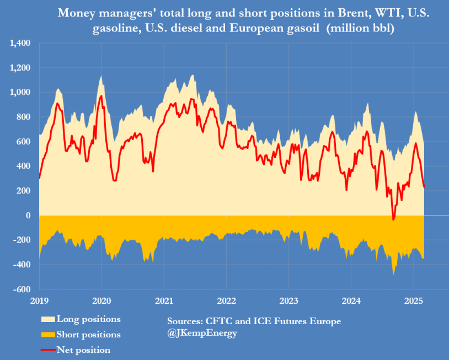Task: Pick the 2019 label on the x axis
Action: click(x=39, y=301)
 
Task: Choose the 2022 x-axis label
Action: click(x=227, y=301)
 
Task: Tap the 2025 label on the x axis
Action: click(x=414, y=301)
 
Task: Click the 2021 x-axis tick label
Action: click(x=164, y=301)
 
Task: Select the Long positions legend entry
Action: click(x=88, y=319)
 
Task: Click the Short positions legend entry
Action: click(x=88, y=335)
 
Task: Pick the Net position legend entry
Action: click(x=83, y=350)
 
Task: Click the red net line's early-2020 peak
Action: click(x=101, y=96)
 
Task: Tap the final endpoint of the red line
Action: click(x=424, y=187)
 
